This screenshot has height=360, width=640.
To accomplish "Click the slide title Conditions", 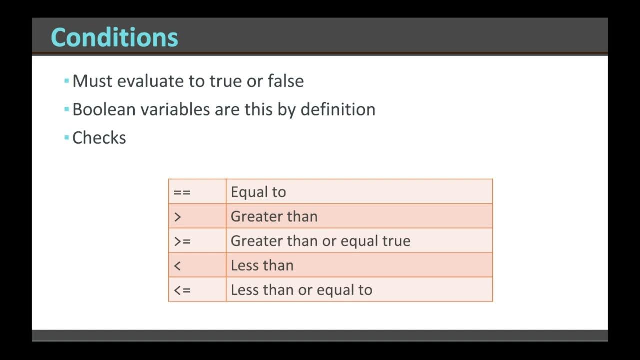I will point(114,37).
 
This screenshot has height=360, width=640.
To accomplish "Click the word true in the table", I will point(396,241).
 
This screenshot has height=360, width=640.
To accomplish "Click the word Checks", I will point(99,138).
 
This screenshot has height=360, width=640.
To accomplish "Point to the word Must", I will point(92,81).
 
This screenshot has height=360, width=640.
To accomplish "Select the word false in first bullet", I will point(285,81).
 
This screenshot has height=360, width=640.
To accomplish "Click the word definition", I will point(338,109).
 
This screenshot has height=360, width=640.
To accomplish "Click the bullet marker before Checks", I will point(66,137).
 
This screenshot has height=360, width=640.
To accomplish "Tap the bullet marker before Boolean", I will point(66,108).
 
